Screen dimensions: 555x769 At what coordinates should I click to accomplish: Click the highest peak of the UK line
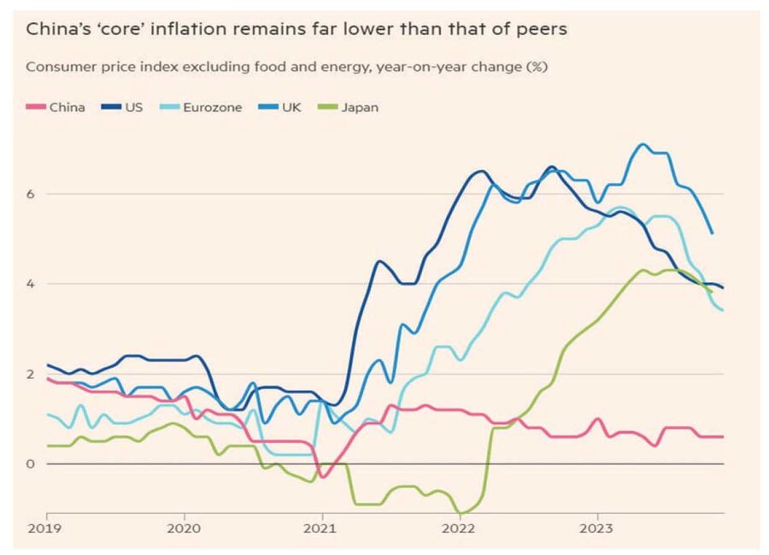click(x=643, y=144)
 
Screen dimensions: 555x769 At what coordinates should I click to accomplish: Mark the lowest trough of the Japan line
click(x=461, y=513)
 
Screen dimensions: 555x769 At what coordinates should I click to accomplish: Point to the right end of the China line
click(x=723, y=436)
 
